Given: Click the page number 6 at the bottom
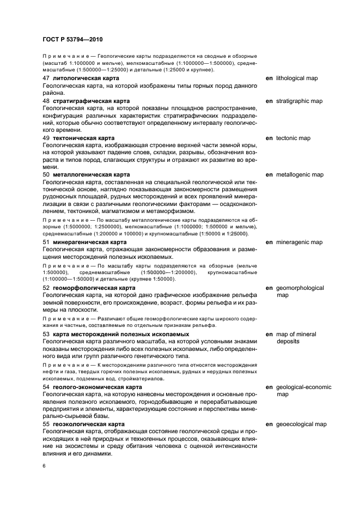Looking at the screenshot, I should coord(44,465).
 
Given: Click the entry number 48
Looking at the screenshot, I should coord(46,101).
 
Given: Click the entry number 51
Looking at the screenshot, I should coord(46,242).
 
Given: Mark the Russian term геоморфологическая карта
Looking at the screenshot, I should coord(94,288).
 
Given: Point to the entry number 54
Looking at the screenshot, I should coord(46,387).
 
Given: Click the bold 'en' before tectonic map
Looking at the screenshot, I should coord(269,138).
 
